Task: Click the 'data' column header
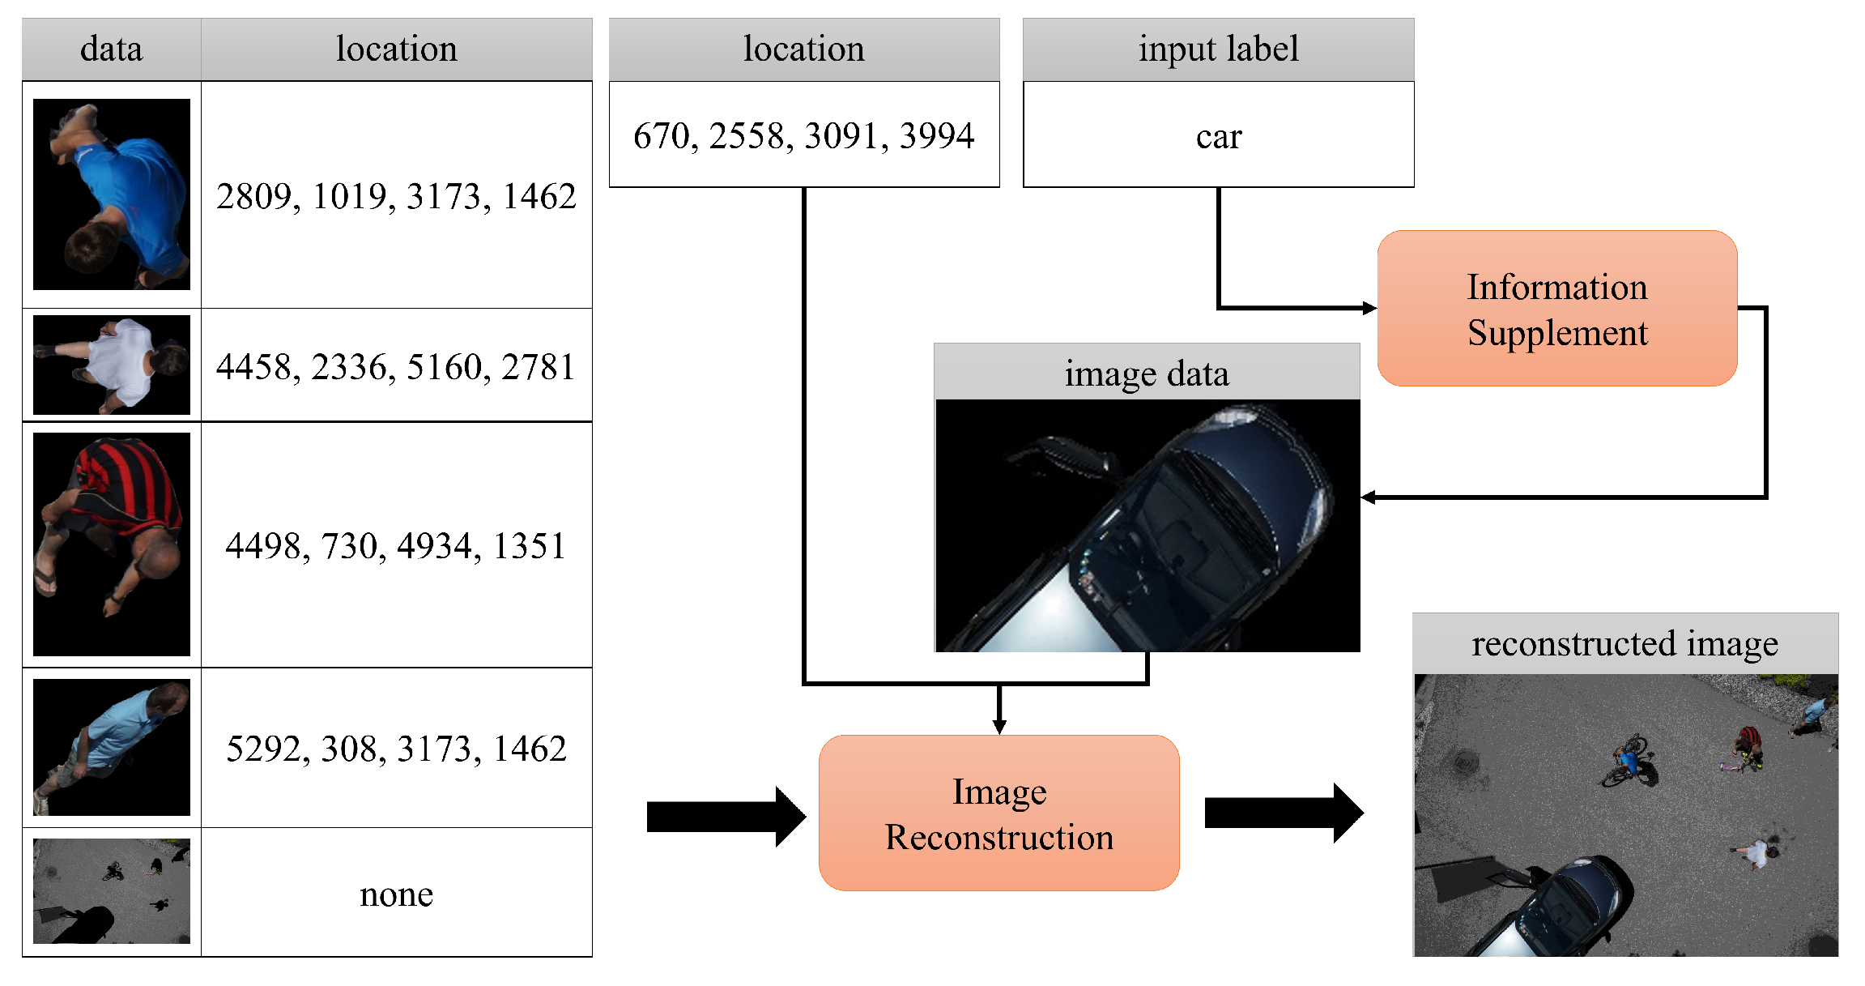click(x=111, y=49)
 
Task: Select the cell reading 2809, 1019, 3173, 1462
click(x=396, y=196)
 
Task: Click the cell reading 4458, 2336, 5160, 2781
click(x=396, y=366)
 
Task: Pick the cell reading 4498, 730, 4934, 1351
click(x=396, y=545)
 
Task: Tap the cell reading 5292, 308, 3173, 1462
click(x=396, y=748)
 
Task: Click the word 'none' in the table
click(x=396, y=894)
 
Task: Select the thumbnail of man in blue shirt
click(x=112, y=194)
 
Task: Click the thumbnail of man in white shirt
click(x=112, y=365)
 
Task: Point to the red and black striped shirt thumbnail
click(x=112, y=544)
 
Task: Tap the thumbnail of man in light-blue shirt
click(x=112, y=747)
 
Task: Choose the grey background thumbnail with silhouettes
click(x=112, y=891)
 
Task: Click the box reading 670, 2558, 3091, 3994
click(x=803, y=135)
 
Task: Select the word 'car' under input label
click(x=1218, y=136)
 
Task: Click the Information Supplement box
click(x=1556, y=309)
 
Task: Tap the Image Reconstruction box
click(x=998, y=813)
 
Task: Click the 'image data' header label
click(x=1146, y=373)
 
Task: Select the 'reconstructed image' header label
click(x=1624, y=644)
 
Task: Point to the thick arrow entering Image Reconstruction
click(x=725, y=816)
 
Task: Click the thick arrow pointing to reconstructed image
click(x=1283, y=813)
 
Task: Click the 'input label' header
click(x=1218, y=49)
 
